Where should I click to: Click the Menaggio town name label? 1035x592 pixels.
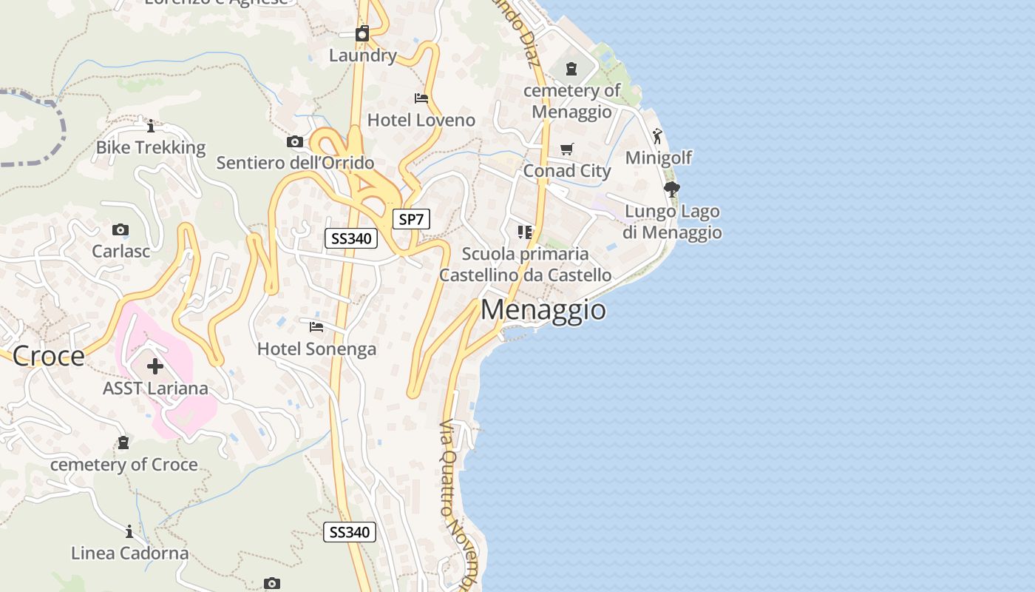543,309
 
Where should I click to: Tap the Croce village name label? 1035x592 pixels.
49,356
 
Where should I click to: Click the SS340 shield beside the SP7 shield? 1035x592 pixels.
351,238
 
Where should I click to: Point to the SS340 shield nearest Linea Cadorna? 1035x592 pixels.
350,532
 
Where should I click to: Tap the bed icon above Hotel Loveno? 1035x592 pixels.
421,98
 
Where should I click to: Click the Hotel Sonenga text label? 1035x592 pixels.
316,349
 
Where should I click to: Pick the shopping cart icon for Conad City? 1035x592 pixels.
567,149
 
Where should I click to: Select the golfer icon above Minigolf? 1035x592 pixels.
657,136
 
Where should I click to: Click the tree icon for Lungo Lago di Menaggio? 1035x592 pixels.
671,189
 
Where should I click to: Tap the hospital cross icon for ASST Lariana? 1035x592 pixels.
155,366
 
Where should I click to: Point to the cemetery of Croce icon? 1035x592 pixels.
123,443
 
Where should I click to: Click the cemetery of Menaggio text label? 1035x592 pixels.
572,101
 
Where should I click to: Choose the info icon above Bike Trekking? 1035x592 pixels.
151,126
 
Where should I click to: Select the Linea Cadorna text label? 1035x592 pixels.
129,553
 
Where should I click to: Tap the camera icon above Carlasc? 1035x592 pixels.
121,230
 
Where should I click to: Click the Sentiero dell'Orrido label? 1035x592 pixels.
295,163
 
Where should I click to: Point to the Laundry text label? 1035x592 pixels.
363,55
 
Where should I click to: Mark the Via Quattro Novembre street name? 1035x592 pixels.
458,503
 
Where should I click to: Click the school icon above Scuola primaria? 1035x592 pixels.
525,232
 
